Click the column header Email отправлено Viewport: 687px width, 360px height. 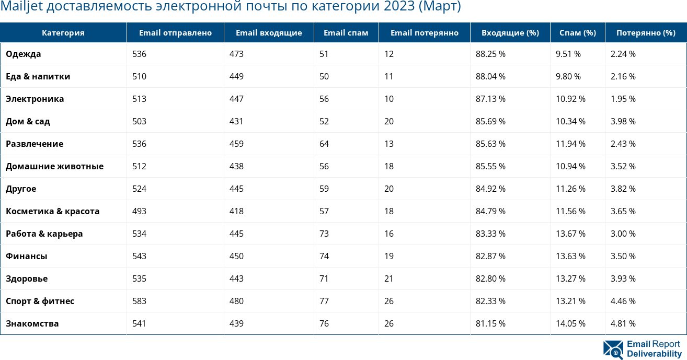coord(175,33)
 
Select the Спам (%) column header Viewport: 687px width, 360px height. coord(577,33)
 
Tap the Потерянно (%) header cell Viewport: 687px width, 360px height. coord(645,33)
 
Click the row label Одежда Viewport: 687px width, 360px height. coord(24,54)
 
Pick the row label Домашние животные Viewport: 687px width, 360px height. coord(54,166)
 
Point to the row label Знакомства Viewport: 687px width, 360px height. coord(32,323)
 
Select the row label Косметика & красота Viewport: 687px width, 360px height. coord(52,211)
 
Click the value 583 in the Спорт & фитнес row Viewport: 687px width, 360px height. coord(139,301)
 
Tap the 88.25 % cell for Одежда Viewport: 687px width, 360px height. coord(490,54)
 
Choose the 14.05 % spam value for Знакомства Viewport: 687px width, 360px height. coord(570,323)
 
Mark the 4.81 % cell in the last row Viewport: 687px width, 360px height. coord(623,323)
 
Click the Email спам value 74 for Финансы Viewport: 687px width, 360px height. coord(324,256)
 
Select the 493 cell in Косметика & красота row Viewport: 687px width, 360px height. coord(139,211)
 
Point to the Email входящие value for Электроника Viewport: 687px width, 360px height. coord(236,99)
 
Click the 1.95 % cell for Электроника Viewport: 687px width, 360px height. coord(623,99)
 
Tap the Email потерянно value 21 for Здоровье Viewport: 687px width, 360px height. coord(389,278)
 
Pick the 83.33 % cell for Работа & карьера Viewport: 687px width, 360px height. coord(490,234)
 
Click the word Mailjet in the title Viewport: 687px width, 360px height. coord(18,7)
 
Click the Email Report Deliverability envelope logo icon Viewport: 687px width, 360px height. coord(613,349)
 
